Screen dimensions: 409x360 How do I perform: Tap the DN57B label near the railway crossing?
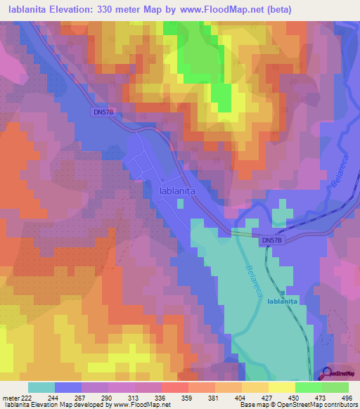coord(271,240)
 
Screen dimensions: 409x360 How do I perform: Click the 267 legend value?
coord(82,398)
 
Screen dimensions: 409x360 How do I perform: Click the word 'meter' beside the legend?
coord(10,398)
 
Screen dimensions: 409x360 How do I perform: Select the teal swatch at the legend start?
coord(41,387)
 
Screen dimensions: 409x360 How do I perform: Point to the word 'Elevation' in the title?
coord(71,10)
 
